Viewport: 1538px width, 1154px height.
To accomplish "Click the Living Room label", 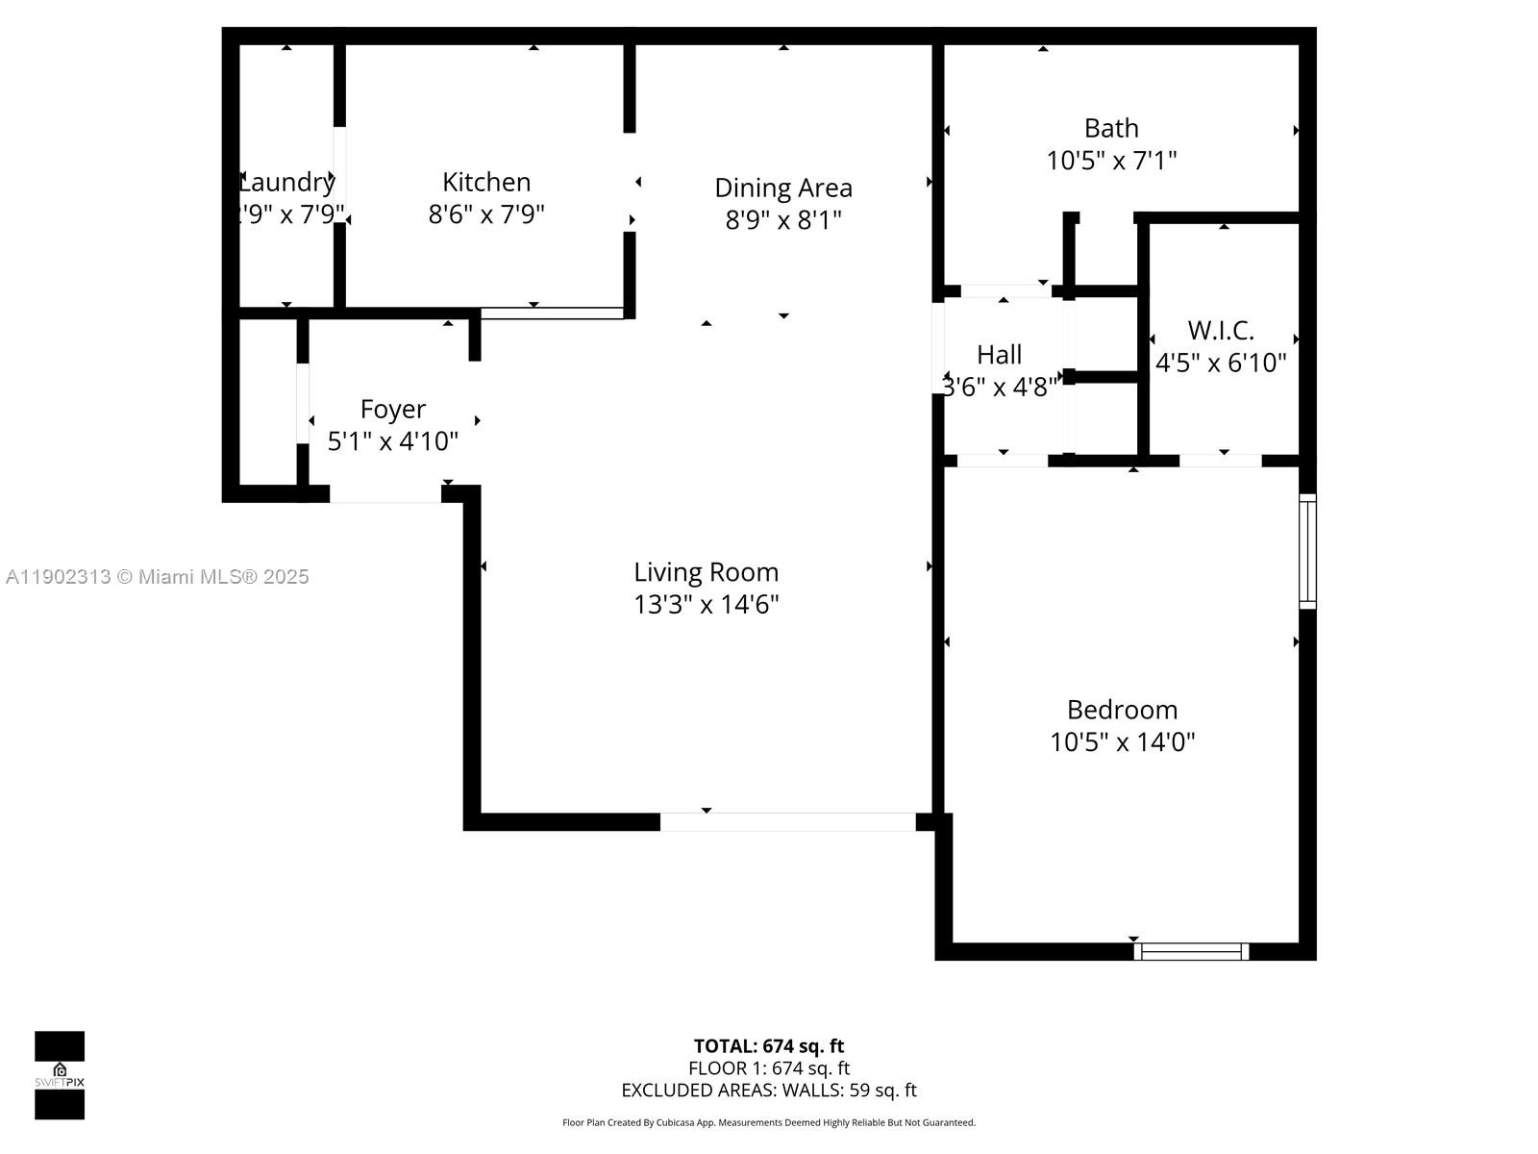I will (706, 572).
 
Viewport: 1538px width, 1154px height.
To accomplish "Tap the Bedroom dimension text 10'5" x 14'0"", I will (1122, 741).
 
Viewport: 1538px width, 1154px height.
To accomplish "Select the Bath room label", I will (1111, 128).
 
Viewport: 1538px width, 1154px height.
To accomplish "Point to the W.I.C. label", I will (1221, 330).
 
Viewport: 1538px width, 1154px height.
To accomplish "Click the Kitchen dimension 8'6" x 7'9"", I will (486, 213).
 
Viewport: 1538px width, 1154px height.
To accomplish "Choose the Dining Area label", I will (783, 188).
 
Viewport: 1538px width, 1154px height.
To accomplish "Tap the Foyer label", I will (392, 409).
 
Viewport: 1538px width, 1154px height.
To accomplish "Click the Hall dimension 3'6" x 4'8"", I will (1000, 387).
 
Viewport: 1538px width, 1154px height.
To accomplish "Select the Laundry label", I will (286, 182).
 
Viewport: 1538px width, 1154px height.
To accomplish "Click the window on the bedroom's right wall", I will (1307, 551).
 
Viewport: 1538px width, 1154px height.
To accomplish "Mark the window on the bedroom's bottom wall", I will (1191, 951).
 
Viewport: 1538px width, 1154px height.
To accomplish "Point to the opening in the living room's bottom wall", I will (787, 822).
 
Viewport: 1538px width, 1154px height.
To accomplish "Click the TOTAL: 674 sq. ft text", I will (769, 1045).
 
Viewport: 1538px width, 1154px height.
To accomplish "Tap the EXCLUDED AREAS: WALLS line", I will (769, 1090).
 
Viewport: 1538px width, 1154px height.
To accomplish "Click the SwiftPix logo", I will (60, 1075).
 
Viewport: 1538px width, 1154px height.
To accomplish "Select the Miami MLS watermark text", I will (158, 577).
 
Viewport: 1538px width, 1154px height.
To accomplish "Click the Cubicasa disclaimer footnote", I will (769, 1122).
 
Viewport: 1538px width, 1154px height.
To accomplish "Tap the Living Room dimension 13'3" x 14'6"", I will (706, 604).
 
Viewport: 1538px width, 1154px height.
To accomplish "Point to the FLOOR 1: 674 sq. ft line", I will (769, 1067).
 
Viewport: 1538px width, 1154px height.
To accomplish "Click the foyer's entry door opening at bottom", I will (385, 494).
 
